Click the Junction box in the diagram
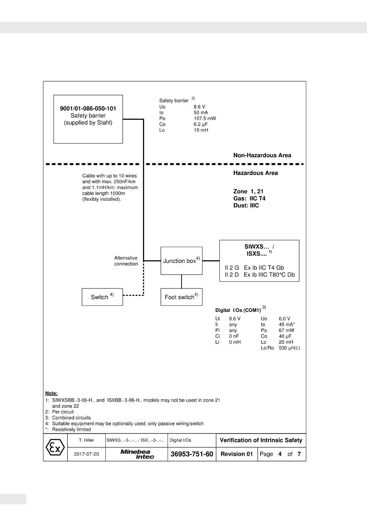[x=181, y=261]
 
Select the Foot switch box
[x=181, y=297]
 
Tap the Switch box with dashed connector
[x=102, y=297]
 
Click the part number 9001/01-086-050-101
[x=88, y=109]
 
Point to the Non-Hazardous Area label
[x=262, y=155]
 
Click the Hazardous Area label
[x=255, y=173]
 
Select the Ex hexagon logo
[x=55, y=448]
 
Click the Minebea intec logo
[x=137, y=454]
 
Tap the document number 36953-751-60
[x=192, y=454]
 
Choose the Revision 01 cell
[x=236, y=454]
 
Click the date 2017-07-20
[x=86, y=454]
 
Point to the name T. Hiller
[x=86, y=440]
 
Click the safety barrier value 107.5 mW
[x=205, y=119]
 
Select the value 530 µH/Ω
[x=289, y=348]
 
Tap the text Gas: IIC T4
[x=249, y=198]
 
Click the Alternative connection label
[x=126, y=261]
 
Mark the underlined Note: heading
[x=51, y=393]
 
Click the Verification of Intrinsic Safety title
[x=261, y=440]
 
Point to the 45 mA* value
[x=287, y=325]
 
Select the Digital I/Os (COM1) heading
[x=238, y=310]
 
